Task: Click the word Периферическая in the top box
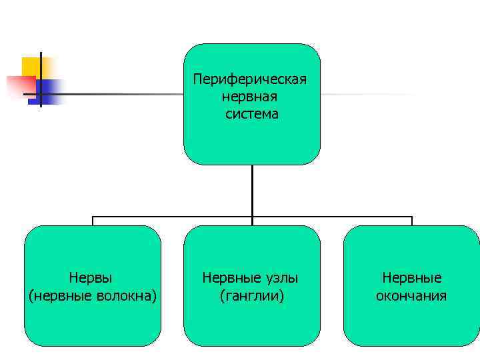click(x=250, y=79)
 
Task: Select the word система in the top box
click(x=252, y=114)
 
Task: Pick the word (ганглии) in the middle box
click(x=251, y=295)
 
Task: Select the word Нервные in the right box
click(x=411, y=277)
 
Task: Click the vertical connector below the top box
click(x=252, y=190)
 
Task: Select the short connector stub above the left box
click(x=92, y=221)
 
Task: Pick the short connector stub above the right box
click(x=411, y=221)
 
